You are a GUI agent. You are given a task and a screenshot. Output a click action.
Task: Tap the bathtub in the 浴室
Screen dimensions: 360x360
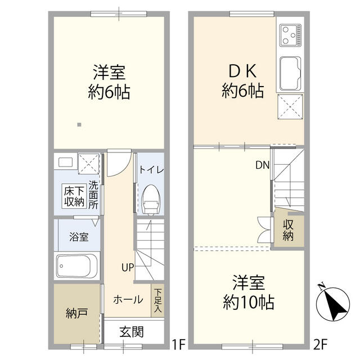[x=78, y=265]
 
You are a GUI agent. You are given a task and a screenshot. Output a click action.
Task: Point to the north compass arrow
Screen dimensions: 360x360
[x=332, y=304]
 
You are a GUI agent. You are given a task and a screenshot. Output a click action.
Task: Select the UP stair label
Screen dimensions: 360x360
[x=127, y=267]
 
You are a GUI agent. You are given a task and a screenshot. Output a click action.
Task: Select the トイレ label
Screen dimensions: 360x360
[x=150, y=169]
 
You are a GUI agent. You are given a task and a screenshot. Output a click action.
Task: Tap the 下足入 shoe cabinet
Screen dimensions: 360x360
[x=158, y=299]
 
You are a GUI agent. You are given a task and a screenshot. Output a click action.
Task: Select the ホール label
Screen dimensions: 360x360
[x=128, y=300]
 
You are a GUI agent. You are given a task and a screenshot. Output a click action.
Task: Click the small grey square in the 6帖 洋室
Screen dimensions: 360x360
[x=79, y=124]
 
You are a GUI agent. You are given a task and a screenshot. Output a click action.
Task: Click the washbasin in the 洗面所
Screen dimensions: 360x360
[x=64, y=164]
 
